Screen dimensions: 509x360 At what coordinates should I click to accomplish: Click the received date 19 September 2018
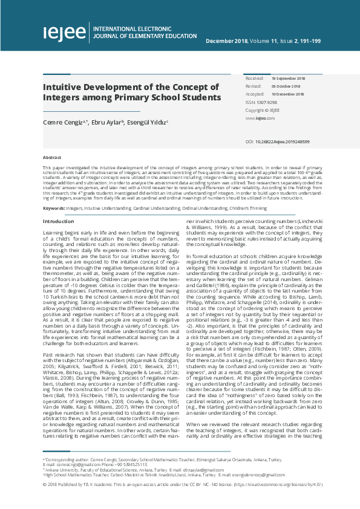click(x=288, y=79)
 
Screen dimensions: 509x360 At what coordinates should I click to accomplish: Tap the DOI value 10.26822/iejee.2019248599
click(x=282, y=141)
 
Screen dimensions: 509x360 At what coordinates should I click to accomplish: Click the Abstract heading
click(x=51, y=157)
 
